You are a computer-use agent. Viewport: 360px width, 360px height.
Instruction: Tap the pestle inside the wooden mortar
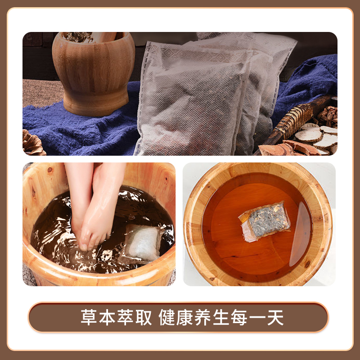tap(105, 36)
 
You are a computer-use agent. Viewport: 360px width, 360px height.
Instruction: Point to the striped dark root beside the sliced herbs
tap(296, 119)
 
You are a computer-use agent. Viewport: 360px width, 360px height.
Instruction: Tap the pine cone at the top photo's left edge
tap(32, 143)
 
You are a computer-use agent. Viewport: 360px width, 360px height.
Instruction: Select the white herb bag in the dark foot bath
tap(142, 243)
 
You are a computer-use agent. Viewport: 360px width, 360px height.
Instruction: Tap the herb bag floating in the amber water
tap(265, 221)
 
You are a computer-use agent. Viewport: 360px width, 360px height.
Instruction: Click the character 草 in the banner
tap(89, 318)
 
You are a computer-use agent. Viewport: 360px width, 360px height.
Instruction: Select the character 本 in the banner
tap(107, 318)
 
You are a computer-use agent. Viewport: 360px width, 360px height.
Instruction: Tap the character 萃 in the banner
tap(126, 318)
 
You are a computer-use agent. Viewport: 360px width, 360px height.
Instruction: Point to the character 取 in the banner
tap(144, 318)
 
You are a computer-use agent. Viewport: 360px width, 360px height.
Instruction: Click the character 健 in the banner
tap(167, 318)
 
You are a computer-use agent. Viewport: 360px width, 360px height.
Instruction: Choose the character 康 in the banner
tap(185, 318)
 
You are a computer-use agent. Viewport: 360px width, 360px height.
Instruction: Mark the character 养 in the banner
tap(203, 318)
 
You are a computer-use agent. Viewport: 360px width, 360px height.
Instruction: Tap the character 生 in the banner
tap(221, 318)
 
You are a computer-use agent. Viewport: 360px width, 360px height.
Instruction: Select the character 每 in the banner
tap(239, 318)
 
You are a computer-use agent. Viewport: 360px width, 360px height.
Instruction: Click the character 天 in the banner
tap(276, 318)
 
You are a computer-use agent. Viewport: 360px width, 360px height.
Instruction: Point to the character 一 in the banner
tap(257, 318)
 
